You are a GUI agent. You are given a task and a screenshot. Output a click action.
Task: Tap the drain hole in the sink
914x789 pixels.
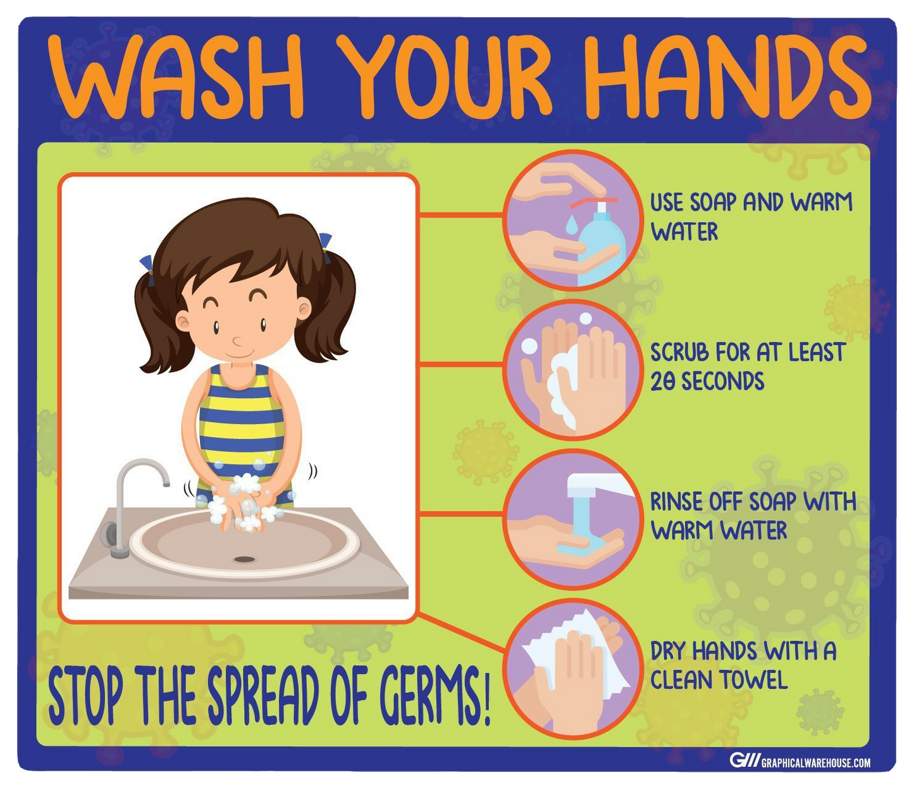coord(245,559)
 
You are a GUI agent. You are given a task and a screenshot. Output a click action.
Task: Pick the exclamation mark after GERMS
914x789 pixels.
coord(487,699)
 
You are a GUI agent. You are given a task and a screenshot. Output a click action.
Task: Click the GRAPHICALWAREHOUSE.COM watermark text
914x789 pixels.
coord(816,763)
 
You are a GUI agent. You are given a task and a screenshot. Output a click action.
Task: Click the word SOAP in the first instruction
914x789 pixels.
coord(714,202)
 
